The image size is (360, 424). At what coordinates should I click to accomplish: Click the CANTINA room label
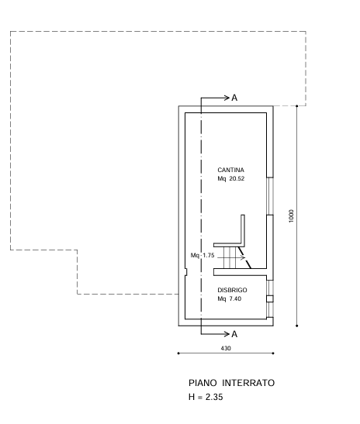click(x=230, y=170)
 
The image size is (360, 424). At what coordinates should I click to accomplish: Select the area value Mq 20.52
click(x=231, y=178)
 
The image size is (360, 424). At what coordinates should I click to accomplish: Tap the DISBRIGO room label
click(x=232, y=290)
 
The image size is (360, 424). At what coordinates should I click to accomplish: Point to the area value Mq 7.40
click(x=229, y=298)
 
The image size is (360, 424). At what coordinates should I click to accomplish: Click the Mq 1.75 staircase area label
click(x=202, y=255)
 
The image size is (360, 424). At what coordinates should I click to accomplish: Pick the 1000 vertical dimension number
click(x=291, y=215)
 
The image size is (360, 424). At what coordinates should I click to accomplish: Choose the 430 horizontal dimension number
click(x=226, y=348)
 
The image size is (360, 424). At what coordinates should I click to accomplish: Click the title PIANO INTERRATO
click(x=231, y=383)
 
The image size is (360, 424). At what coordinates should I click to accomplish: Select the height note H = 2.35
click(x=206, y=397)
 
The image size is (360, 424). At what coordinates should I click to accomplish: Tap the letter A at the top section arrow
click(x=234, y=98)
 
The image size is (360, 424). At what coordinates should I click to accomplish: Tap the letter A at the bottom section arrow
click(x=234, y=334)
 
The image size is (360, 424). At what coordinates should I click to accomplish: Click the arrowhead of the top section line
click(x=227, y=98)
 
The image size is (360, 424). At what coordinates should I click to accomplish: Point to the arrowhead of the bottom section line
click(x=227, y=334)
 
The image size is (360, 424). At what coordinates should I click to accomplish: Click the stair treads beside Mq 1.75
click(x=230, y=257)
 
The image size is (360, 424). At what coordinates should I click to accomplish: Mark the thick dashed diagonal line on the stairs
click(x=244, y=257)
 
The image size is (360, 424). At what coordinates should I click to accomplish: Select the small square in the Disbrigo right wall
click(x=270, y=298)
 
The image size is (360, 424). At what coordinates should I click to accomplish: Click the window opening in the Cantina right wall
click(x=270, y=196)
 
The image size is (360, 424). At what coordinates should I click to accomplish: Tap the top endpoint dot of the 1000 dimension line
click(x=297, y=105)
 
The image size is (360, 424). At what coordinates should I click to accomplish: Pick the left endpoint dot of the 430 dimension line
click(x=178, y=353)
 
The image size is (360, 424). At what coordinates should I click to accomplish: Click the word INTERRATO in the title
click(x=248, y=383)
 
